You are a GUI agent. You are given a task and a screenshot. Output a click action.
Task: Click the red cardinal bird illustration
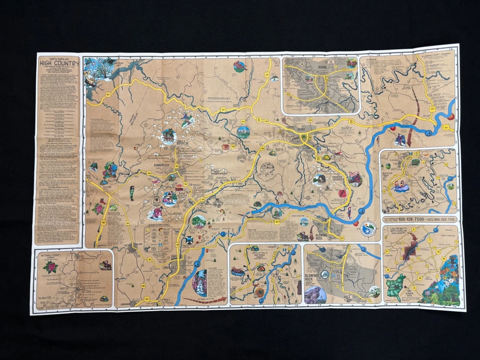click(240, 66)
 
